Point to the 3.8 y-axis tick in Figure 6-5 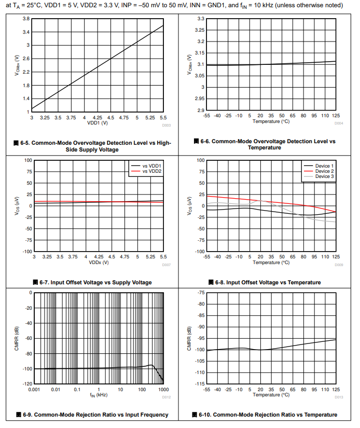(25, 19)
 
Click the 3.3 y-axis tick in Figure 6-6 (201, 19)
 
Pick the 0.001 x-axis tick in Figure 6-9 (34, 389)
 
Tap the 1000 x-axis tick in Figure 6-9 (163, 389)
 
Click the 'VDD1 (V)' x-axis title (98, 123)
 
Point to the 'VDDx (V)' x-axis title (98, 262)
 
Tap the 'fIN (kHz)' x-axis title (99, 395)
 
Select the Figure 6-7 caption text (92, 282)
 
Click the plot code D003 (166, 125)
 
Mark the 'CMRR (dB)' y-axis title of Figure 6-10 (189, 338)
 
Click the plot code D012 (166, 397)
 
